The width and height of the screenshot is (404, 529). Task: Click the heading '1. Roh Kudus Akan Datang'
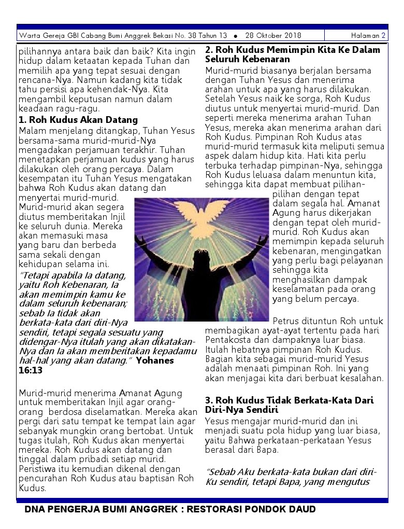[x=78, y=120]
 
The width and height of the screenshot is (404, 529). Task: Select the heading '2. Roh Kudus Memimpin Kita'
[x=293, y=50]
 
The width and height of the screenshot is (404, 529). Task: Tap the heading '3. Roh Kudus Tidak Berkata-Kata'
[x=289, y=401]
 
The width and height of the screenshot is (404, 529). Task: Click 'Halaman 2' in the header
[x=368, y=36]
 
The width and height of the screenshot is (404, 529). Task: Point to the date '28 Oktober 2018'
[x=273, y=36]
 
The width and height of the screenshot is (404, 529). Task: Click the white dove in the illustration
[x=201, y=212]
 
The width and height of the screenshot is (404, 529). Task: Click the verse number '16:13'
[x=31, y=371]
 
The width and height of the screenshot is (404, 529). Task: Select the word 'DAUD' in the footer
[x=301, y=509]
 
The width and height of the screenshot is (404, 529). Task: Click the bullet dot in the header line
[x=236, y=36]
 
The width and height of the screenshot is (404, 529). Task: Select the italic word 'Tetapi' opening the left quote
[x=36, y=276]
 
